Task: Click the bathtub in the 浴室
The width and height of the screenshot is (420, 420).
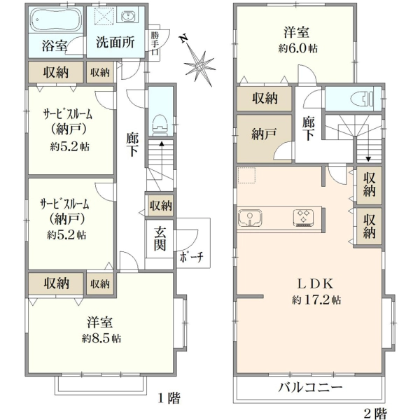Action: (56, 20)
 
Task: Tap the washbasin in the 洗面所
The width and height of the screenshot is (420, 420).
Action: (129, 17)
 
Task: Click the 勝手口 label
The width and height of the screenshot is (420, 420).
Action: (155, 43)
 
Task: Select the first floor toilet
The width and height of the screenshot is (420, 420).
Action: (160, 125)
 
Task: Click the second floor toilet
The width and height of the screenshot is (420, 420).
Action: (367, 97)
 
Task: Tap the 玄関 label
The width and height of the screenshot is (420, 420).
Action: (160, 239)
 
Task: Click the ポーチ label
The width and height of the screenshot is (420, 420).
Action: (191, 258)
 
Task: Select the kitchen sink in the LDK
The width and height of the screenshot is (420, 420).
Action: (250, 218)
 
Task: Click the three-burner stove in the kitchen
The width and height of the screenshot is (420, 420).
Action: (303, 218)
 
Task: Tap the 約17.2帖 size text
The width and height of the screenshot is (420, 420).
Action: (316, 300)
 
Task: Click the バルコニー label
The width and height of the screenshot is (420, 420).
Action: (310, 387)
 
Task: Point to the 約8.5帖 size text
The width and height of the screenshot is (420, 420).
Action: (101, 339)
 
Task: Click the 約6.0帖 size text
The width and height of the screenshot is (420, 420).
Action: (298, 48)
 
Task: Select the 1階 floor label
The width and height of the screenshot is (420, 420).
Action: (169, 398)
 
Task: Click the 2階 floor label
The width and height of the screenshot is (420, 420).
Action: (375, 413)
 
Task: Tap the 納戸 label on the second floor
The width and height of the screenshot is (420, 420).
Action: (264, 134)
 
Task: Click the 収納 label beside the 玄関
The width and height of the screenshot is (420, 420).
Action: (160, 205)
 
